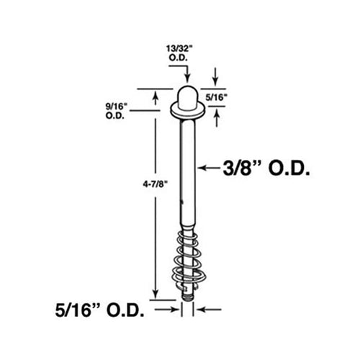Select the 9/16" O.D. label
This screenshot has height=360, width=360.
(117, 108)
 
